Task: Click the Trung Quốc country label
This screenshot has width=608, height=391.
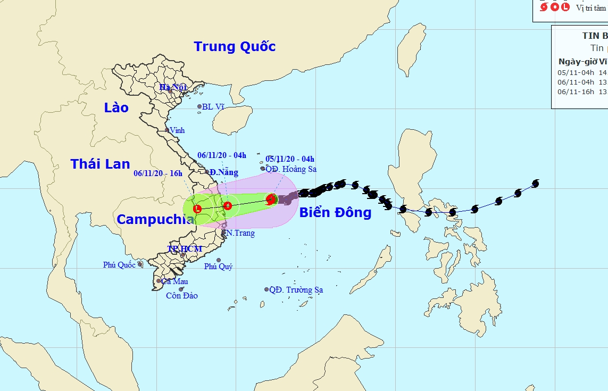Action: (235, 47)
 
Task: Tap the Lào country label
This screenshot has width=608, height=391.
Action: (116, 108)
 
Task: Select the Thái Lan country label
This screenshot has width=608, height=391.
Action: (100, 164)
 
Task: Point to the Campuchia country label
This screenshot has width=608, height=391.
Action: (154, 219)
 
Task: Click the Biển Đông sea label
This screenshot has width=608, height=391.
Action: (335, 213)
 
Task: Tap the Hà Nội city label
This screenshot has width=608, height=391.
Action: (173, 87)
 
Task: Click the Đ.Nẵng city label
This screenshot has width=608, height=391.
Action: (223, 173)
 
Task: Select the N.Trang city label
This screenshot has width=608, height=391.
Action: (240, 233)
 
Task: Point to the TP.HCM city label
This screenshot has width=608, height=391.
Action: (185, 249)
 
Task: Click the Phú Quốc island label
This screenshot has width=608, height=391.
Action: (119, 265)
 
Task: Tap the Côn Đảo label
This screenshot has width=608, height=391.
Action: (181, 296)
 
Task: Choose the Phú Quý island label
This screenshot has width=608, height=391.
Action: (218, 267)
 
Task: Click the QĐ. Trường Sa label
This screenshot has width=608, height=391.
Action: (296, 290)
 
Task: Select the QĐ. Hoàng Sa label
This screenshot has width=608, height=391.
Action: (291, 169)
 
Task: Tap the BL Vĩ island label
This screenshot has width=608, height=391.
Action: (212, 107)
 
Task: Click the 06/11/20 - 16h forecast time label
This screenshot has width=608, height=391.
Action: (158, 173)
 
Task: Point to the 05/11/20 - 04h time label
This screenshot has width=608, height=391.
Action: (290, 159)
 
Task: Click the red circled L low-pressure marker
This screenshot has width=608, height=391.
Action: (197, 209)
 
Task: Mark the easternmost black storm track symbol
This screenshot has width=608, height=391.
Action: (535, 184)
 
